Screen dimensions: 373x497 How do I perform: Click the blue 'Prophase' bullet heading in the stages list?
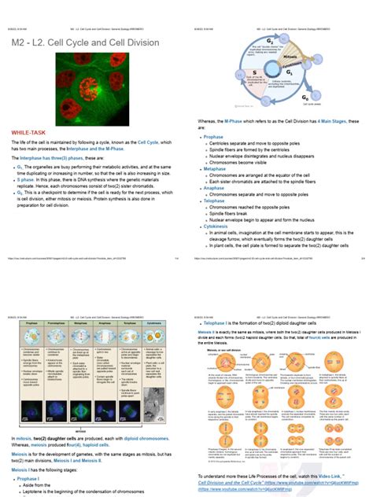coord(213,137)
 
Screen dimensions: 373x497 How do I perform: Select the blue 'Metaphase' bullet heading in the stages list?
coord(215,168)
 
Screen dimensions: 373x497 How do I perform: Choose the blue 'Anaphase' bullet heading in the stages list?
coord(214,188)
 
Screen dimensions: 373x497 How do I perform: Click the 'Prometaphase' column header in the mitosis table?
coord(54,323)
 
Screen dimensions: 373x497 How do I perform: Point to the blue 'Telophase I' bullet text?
coord(217,323)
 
